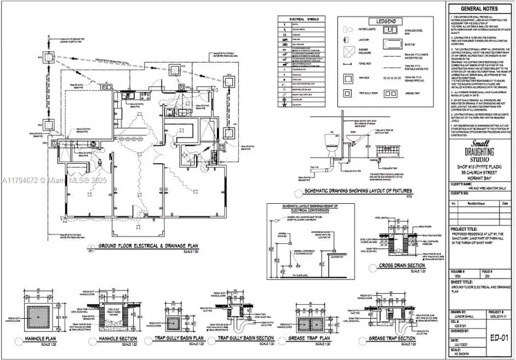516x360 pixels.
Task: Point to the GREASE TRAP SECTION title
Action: pyautogui.click(x=392, y=339)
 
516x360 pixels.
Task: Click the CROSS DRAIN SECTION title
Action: pyautogui.click(x=402, y=266)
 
